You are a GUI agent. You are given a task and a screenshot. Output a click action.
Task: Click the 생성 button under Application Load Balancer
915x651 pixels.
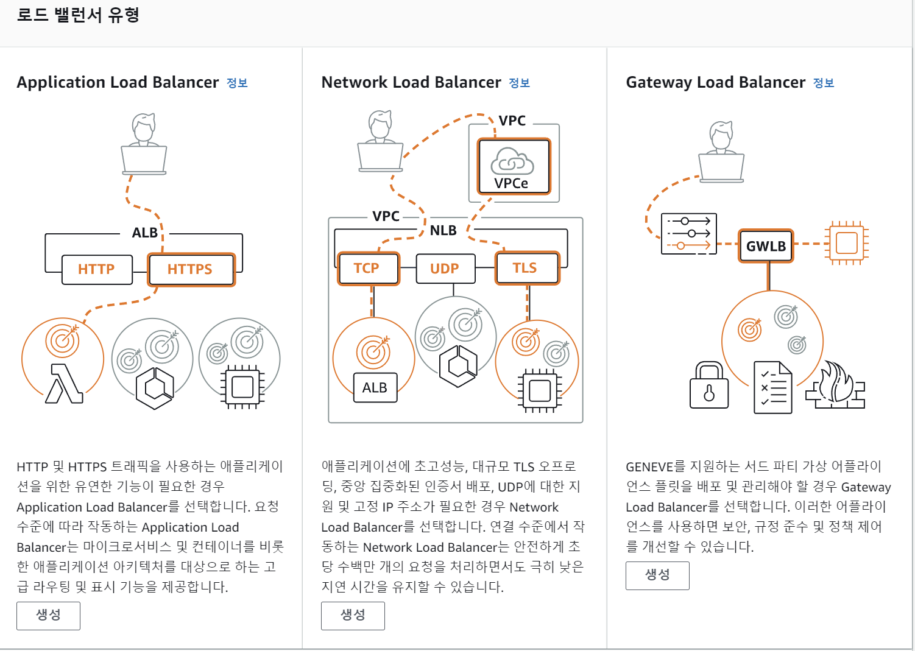click(48, 615)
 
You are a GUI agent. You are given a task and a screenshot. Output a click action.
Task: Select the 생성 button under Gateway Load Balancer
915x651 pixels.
click(657, 575)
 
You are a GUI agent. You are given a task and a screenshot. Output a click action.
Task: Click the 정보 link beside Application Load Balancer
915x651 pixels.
click(237, 83)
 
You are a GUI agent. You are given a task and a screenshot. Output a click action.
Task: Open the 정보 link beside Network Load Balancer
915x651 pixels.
click(519, 83)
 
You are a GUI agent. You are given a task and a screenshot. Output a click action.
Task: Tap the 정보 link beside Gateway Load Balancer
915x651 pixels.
click(824, 83)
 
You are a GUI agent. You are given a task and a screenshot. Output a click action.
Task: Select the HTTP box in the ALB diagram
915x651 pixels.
click(97, 269)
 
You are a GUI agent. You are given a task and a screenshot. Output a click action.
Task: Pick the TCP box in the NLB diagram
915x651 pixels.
click(367, 269)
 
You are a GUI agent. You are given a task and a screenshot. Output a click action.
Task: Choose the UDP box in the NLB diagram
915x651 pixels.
click(445, 269)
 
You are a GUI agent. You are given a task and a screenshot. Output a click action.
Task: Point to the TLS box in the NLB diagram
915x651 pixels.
click(526, 269)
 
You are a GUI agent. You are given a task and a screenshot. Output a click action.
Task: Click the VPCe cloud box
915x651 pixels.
click(514, 166)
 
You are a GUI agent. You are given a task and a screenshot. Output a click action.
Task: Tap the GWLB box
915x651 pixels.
click(766, 246)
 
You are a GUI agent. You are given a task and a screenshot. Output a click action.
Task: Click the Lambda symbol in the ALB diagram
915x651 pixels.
click(64, 383)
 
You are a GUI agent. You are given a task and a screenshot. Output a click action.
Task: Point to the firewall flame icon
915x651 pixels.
click(836, 385)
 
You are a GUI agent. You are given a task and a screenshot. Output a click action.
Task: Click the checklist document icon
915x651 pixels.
click(773, 387)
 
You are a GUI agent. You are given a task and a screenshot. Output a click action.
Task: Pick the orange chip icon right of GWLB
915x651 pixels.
click(846, 243)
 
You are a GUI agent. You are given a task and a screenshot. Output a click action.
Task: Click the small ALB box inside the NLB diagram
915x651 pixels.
click(375, 387)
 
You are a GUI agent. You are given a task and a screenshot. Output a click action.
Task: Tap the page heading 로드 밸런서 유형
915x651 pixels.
click(78, 15)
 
